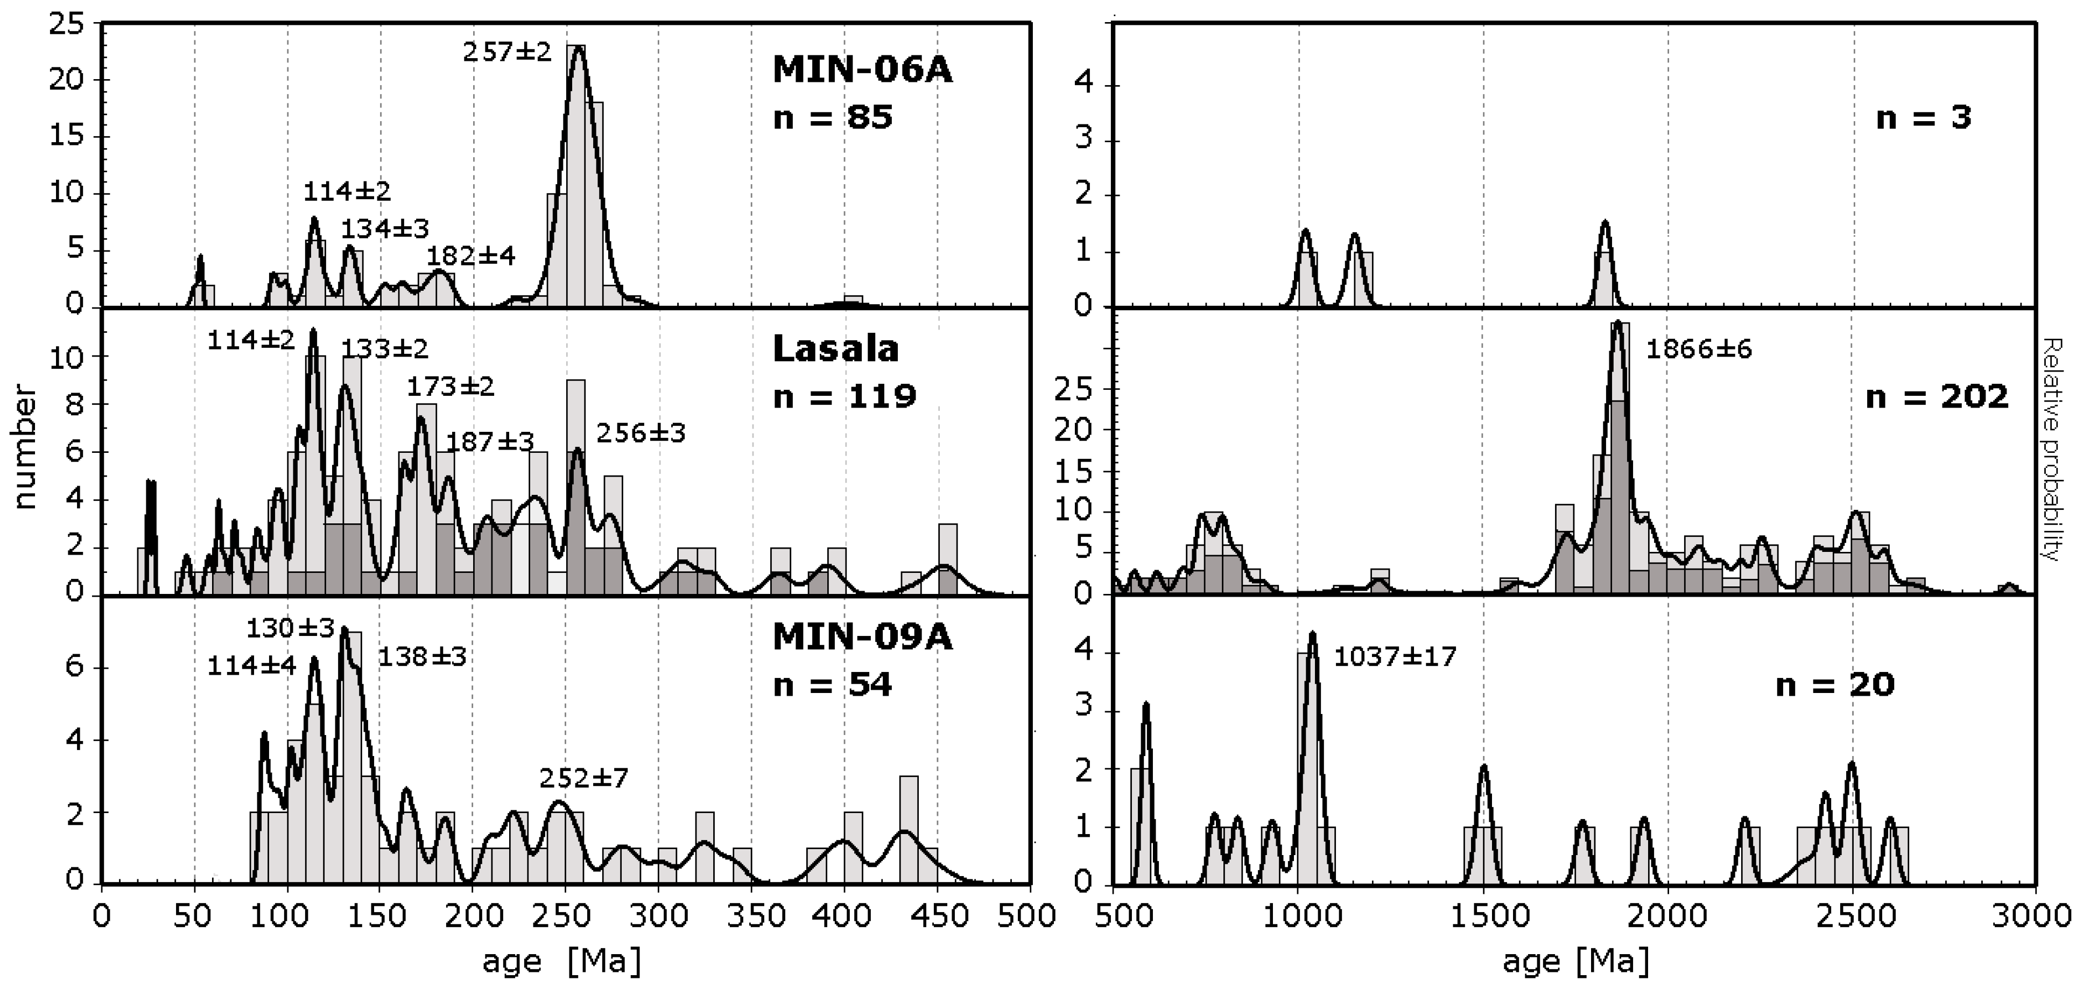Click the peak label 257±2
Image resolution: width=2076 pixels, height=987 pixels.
tap(507, 52)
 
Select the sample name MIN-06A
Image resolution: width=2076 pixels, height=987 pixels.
tap(862, 70)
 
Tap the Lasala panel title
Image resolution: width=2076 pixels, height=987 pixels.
tap(836, 349)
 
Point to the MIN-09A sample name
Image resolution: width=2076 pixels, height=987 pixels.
tap(862, 637)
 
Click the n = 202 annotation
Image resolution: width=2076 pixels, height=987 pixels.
tap(1937, 397)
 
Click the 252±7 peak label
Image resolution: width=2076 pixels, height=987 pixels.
tap(583, 778)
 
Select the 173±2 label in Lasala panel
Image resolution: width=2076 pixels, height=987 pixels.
tap(449, 387)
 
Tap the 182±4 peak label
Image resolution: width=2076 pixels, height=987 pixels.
tap(470, 256)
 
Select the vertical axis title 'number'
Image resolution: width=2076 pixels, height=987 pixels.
tap(26, 447)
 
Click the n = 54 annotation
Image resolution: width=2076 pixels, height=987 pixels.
tap(833, 684)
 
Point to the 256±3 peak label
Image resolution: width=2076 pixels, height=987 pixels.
tap(641, 434)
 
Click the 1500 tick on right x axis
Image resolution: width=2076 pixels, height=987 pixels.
tap(1483, 917)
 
